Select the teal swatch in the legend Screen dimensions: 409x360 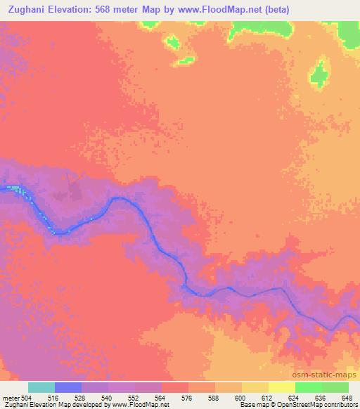[41, 387]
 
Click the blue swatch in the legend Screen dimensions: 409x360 [68, 387]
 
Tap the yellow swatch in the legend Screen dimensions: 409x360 [282, 387]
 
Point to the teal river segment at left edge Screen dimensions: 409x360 [13, 188]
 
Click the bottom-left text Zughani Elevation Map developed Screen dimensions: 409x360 [42, 405]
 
